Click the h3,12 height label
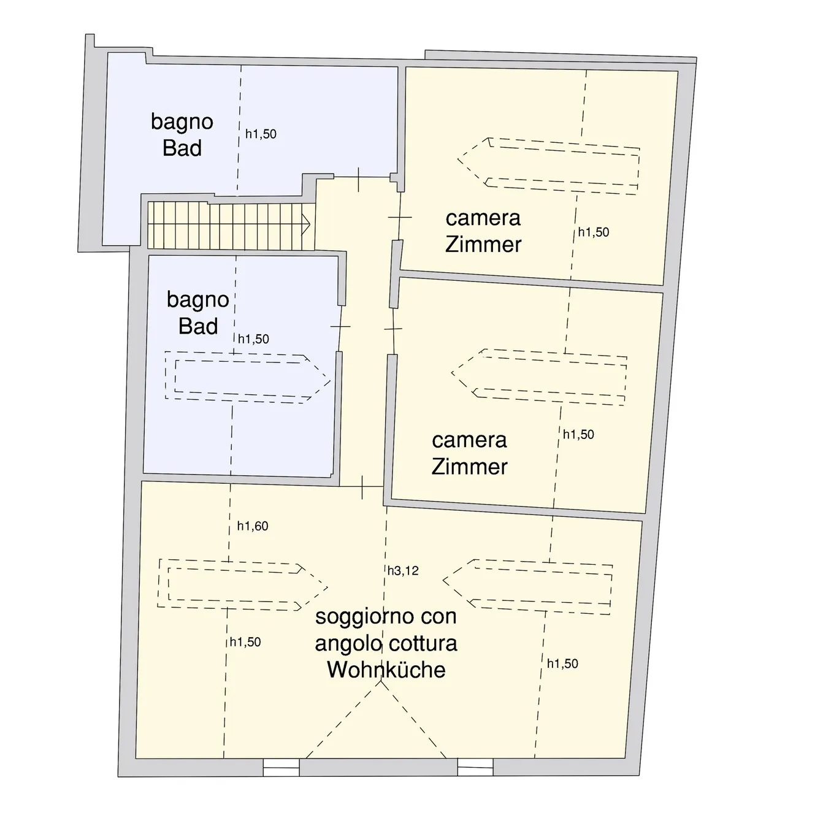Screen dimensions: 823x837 [403, 570]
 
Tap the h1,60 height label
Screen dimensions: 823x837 [253, 526]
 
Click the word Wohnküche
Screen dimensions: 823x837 [386, 670]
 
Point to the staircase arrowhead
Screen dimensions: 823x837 [306, 224]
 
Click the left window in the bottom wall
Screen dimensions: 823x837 [281, 767]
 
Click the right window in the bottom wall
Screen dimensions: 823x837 [475, 767]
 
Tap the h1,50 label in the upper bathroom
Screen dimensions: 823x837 [261, 134]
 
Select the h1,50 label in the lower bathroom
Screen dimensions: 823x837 [253, 339]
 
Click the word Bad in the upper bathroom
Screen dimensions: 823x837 [182, 148]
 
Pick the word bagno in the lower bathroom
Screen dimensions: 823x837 [197, 300]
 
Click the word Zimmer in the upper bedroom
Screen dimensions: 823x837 [483, 245]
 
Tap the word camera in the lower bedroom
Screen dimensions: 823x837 [469, 440]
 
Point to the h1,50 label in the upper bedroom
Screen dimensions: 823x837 [594, 232]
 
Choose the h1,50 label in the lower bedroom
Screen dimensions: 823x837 [578, 434]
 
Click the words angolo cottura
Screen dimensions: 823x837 [386, 643]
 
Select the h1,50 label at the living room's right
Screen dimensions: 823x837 [562, 663]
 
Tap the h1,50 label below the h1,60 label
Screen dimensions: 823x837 [245, 642]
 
